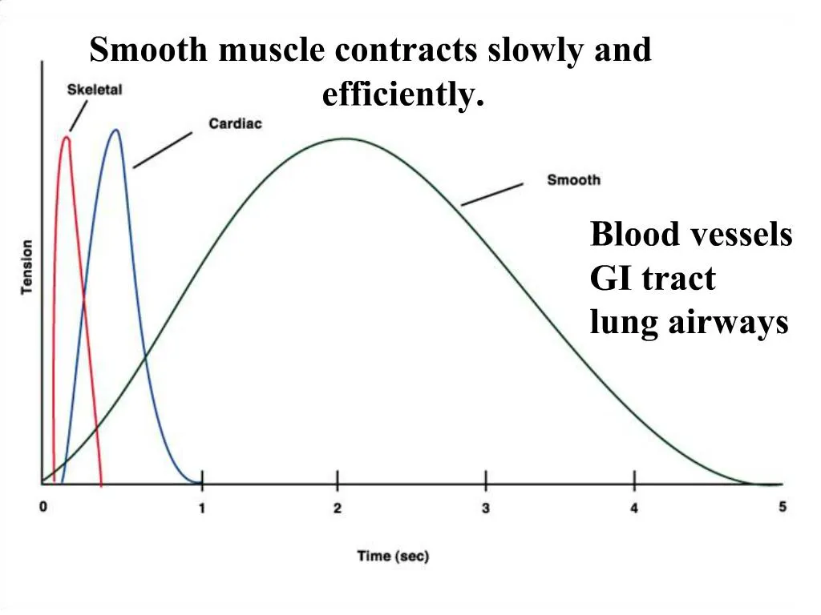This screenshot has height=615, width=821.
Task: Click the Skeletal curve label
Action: [94, 90]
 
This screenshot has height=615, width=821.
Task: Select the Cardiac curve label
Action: [235, 123]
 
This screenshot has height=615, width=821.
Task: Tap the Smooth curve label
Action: [573, 179]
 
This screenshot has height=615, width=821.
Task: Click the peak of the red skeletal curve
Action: [66, 138]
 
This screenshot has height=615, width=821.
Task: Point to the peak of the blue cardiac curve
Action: [116, 130]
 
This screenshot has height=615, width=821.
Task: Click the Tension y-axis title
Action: [26, 267]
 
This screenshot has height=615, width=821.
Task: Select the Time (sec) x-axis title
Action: [393, 557]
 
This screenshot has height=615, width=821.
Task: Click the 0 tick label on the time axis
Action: [43, 508]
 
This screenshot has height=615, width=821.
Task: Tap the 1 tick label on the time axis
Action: [202, 508]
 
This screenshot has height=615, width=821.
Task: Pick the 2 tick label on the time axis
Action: [338, 508]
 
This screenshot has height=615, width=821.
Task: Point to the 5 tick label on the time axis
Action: [783, 506]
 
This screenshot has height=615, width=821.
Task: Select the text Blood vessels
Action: [690, 235]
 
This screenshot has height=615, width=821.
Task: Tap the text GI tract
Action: [653, 279]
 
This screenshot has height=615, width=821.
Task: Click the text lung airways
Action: [689, 323]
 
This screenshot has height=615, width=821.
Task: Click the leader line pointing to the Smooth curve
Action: [492, 195]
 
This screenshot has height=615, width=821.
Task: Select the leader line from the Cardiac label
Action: [163, 151]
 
